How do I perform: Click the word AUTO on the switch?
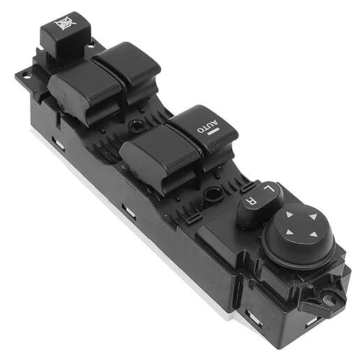208,126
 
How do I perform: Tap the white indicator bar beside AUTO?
213,132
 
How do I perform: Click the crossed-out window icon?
65,23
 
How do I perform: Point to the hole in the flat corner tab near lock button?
26,76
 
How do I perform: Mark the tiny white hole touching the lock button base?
91,46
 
